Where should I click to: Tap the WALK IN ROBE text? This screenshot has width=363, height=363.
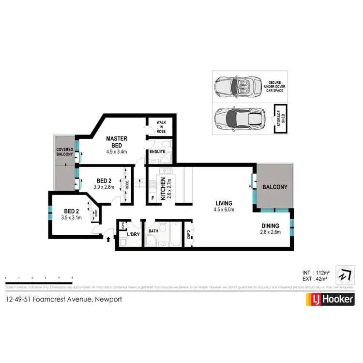tap(161, 127)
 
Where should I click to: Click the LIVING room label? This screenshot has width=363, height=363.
tap(224, 203)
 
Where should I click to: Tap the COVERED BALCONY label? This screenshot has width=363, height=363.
tap(64, 152)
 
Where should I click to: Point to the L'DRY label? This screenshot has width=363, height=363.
tap(133, 234)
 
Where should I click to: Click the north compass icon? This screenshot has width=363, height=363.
tap(344, 274)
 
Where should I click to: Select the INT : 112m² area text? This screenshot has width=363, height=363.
tap(315, 271)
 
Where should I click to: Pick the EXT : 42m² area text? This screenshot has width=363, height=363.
tap(315, 279)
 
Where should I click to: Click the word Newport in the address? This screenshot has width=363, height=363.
tap(109, 300)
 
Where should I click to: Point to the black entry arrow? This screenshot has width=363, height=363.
tap(107, 238)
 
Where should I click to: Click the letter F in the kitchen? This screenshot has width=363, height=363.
tap(153, 197)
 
